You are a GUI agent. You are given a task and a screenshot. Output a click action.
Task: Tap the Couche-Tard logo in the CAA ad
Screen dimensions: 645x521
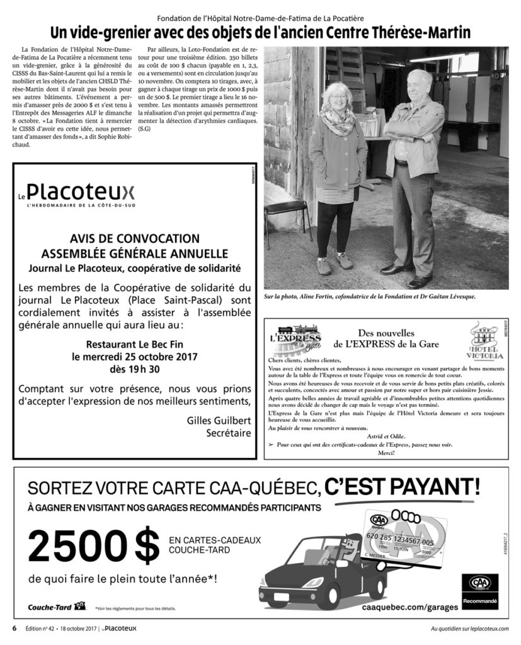click(56, 607)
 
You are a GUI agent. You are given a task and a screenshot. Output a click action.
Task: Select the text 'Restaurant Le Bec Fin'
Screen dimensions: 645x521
click(134, 345)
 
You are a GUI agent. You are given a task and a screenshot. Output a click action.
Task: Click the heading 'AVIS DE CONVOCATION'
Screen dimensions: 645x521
click(134, 239)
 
